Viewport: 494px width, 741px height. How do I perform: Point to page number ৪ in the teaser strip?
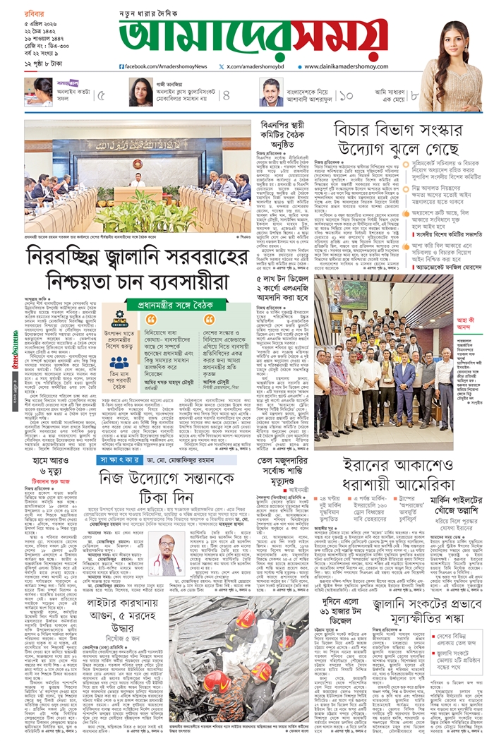pos(226,95)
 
